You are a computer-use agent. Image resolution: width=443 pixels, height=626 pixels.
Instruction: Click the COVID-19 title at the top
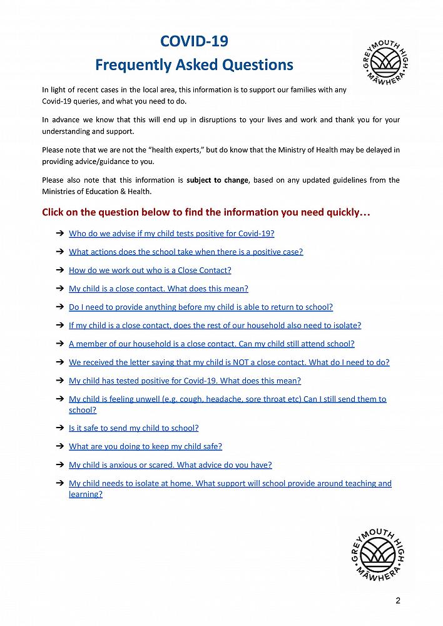tap(194, 42)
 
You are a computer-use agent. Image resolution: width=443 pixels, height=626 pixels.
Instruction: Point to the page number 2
tap(398, 601)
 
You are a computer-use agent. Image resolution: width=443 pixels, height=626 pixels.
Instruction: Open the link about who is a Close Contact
tap(150, 270)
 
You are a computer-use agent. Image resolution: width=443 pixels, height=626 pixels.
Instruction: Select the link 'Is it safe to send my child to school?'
tap(133, 428)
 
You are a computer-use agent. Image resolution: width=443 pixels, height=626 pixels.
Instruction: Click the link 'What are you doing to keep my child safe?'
tap(145, 446)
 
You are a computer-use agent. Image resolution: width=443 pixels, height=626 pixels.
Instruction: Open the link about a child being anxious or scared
tap(170, 465)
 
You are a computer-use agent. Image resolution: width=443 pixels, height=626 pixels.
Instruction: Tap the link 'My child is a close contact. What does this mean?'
tap(158, 289)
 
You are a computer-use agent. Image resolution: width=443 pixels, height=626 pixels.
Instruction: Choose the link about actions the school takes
tap(186, 252)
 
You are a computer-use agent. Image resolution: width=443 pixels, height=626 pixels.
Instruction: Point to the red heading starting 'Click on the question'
tap(206, 212)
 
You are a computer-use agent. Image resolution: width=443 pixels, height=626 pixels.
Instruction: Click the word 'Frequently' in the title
tap(130, 64)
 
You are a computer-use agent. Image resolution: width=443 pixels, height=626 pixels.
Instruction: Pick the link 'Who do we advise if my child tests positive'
tap(171, 233)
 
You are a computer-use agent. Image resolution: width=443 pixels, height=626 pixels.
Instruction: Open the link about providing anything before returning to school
tap(201, 307)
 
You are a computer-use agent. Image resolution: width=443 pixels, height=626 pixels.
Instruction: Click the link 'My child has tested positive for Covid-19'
tap(185, 381)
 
